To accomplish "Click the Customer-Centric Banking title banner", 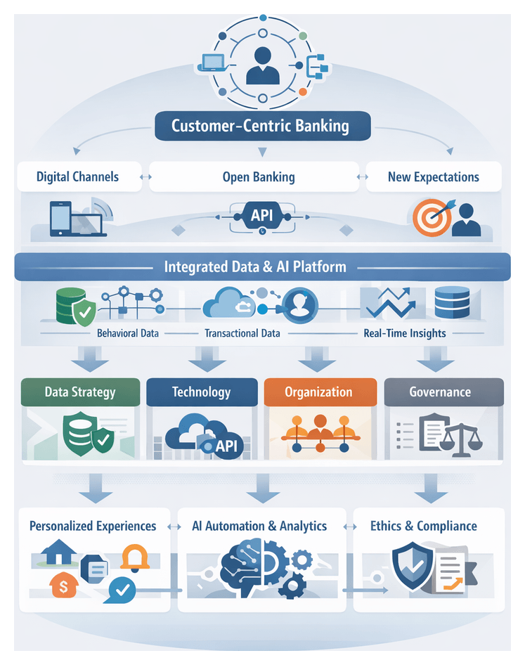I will click(x=261, y=127).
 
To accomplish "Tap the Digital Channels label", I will click(x=77, y=177).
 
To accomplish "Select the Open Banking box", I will click(x=258, y=177).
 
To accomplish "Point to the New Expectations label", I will click(x=433, y=177).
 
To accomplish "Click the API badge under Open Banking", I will click(x=261, y=217).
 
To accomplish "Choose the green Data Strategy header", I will click(x=79, y=392).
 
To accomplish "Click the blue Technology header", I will click(x=201, y=392).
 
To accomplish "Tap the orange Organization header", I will click(x=318, y=392).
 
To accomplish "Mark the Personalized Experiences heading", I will click(x=93, y=526).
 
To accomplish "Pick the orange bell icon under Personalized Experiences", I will click(x=134, y=557).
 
